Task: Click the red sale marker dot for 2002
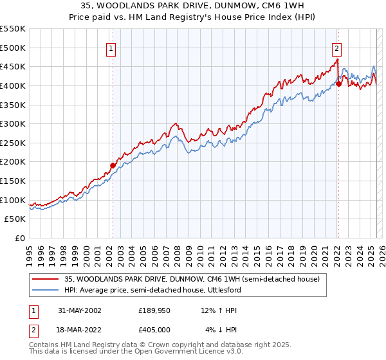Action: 113,165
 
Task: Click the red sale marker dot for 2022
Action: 338,84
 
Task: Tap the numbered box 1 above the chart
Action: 111,47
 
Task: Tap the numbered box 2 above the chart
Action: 336,47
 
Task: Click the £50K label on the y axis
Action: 15,219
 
